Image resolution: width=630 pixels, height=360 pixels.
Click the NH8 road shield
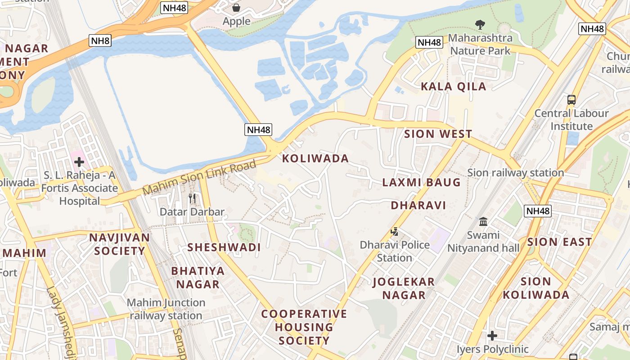click(100, 41)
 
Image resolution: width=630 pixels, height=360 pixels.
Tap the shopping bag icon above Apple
click(236, 8)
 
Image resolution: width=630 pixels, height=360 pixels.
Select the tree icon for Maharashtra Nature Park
click(480, 24)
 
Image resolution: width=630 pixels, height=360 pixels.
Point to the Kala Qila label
click(454, 86)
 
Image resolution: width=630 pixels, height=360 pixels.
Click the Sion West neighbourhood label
click(438, 134)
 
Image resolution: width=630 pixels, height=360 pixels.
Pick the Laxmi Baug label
click(421, 182)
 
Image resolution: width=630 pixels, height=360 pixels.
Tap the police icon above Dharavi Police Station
click(395, 232)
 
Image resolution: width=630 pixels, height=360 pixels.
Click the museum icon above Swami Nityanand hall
click(484, 221)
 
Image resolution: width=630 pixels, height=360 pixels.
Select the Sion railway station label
click(515, 172)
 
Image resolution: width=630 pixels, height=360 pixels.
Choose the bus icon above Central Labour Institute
click(571, 100)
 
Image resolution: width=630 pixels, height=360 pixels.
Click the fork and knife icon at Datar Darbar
click(192, 198)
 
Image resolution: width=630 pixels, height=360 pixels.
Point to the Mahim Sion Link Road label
click(199, 177)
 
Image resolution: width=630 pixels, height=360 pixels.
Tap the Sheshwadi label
click(224, 247)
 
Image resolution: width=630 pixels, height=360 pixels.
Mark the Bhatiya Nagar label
click(198, 277)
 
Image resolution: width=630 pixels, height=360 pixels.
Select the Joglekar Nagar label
click(404, 288)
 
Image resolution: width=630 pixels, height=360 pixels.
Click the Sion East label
click(559, 242)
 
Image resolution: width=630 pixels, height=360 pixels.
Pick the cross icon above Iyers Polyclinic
click(492, 336)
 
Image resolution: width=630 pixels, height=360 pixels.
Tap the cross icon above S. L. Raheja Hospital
click(79, 162)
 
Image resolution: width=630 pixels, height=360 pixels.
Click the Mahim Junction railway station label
click(166, 309)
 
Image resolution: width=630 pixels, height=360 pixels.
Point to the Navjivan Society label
click(119, 244)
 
